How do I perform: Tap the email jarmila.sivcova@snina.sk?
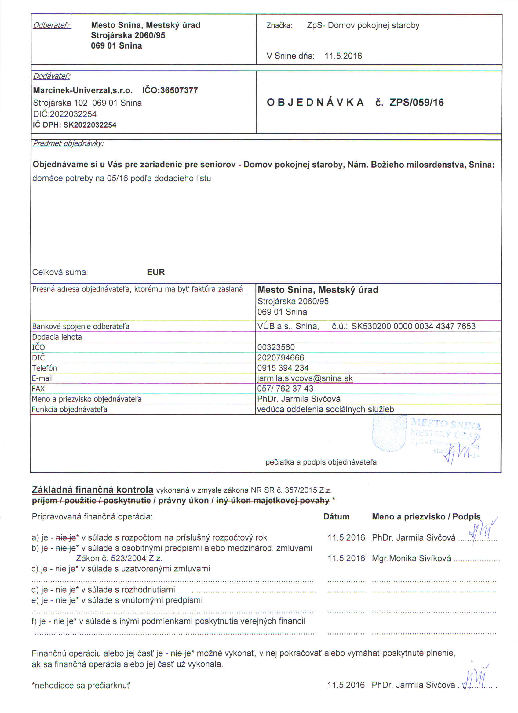click(x=305, y=378)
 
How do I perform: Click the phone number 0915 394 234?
click(x=283, y=368)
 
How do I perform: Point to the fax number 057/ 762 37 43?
click(x=285, y=389)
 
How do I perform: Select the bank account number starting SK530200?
click(x=413, y=326)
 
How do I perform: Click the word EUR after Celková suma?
click(x=156, y=272)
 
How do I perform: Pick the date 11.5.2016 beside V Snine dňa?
click(x=343, y=56)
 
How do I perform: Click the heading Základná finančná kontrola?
click(x=93, y=490)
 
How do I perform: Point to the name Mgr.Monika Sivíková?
click(x=411, y=558)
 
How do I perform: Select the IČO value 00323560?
click(x=276, y=347)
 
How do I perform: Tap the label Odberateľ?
click(x=52, y=25)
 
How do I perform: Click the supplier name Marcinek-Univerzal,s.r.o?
click(x=83, y=91)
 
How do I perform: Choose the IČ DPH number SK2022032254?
click(x=89, y=125)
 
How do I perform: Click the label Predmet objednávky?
click(x=68, y=144)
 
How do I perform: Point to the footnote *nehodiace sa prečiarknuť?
click(x=81, y=685)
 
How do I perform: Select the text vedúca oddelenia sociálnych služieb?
click(x=325, y=410)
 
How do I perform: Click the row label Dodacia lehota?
click(x=57, y=337)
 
